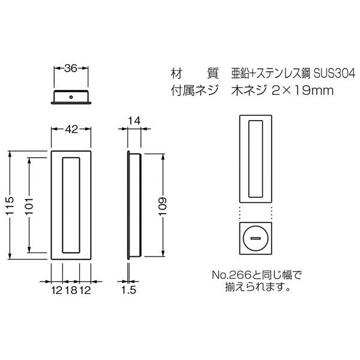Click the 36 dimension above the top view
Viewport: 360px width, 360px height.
point(70,69)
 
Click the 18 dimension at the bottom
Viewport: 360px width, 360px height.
point(71,290)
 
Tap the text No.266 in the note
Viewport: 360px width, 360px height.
point(229,275)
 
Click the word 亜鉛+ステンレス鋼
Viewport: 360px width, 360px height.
point(270,74)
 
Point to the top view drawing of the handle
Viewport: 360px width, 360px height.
point(71,96)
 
